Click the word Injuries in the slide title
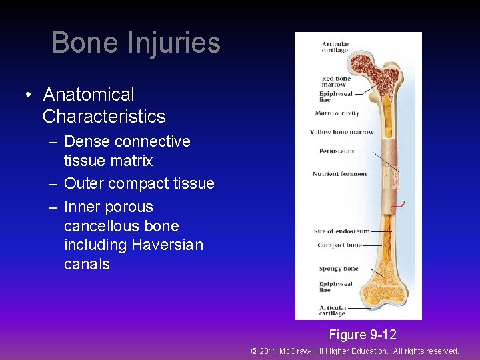(x=173, y=43)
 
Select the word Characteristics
(x=104, y=117)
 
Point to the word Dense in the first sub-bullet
(x=87, y=141)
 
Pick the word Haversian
(x=167, y=245)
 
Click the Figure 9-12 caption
(x=362, y=335)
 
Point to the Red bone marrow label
(x=335, y=81)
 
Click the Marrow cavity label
(x=337, y=113)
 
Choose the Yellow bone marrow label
(x=341, y=132)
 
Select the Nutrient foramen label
(x=339, y=174)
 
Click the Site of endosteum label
(x=341, y=231)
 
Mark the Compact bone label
(x=339, y=245)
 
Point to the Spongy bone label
(x=338, y=269)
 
